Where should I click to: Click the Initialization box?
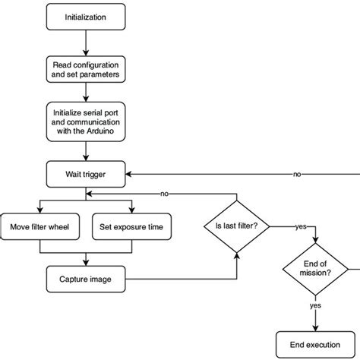(x=85, y=15)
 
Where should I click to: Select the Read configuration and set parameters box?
(x=85, y=69)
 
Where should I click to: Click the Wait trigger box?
(x=85, y=173)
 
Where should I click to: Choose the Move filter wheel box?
(x=41, y=226)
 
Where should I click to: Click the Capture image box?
(x=85, y=279)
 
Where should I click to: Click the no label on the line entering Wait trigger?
(x=297, y=174)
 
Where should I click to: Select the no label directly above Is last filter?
(x=164, y=194)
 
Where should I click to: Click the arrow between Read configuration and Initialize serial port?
(x=85, y=93)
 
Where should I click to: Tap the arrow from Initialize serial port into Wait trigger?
(x=85, y=152)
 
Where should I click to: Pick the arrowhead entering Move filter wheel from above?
(x=41, y=210)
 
